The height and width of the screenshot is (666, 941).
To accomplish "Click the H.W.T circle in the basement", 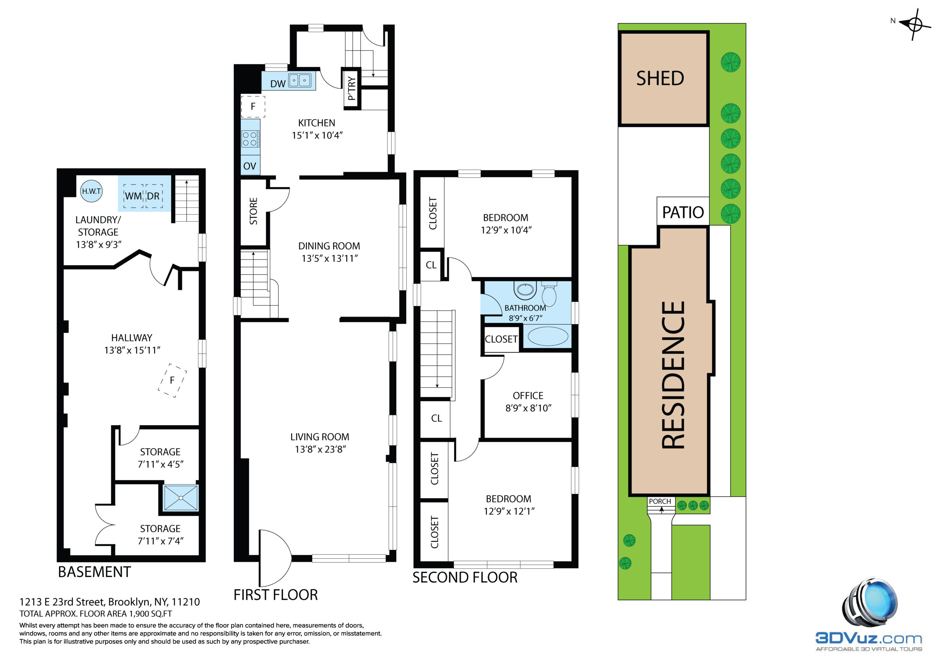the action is (91, 191).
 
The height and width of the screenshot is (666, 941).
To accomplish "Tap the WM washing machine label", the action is (133, 196).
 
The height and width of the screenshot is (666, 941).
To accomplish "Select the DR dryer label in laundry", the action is (153, 196).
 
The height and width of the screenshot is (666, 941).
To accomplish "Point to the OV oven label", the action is (250, 166).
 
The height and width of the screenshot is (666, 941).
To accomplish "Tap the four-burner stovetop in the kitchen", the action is (250, 139).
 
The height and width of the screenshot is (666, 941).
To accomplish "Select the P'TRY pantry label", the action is (351, 88).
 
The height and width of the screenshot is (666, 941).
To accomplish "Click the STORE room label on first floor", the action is (254, 211).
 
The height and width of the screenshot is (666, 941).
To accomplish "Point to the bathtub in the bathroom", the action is (548, 336).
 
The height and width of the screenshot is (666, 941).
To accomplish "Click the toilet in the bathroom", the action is (549, 293).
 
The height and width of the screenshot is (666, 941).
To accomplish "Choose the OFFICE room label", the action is (528, 396).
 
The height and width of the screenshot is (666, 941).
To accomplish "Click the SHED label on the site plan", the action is (660, 78).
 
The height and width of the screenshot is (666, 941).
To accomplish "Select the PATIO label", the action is (683, 213).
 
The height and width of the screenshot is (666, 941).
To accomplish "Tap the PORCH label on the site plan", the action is (660, 501).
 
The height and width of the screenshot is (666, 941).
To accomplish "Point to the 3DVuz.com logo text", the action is (869, 638).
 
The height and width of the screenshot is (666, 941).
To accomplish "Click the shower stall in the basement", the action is (181, 498).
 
